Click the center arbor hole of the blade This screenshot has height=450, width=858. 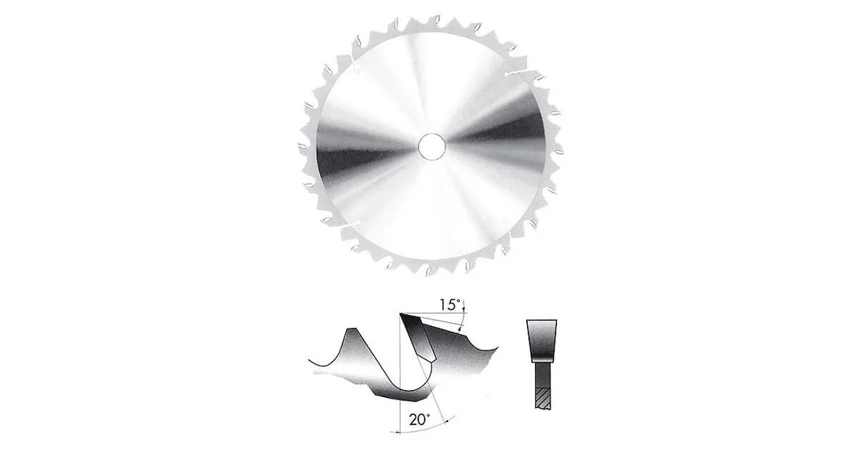(431, 147)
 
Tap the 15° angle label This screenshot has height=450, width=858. (451, 305)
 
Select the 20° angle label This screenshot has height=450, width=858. (420, 419)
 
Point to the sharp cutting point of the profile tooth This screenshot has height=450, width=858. (401, 314)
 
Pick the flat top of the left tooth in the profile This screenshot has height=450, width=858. (350, 328)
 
